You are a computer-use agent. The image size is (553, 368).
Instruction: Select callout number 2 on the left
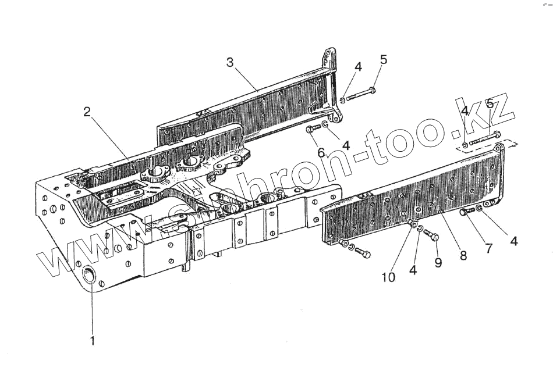pos(87,112)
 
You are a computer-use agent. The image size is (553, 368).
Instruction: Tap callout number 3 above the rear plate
pos(231,62)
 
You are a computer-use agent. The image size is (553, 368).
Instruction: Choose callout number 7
pos(488,248)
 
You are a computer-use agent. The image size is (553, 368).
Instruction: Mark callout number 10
pos(388,277)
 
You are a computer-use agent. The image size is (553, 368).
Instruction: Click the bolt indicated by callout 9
pos(431,235)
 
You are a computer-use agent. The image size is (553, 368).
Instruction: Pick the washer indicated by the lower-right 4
pos(479,208)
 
